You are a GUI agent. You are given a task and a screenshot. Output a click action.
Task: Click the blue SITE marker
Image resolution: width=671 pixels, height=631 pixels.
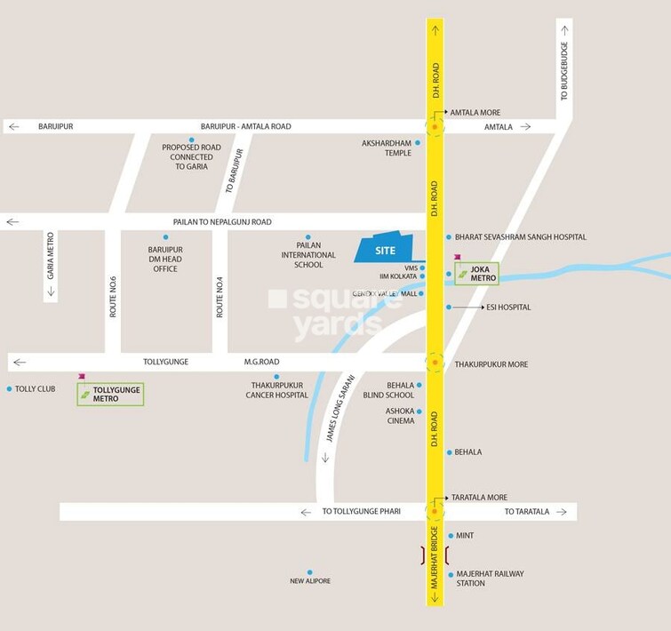(386, 250)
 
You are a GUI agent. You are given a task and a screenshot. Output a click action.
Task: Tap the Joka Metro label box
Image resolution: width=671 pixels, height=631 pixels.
(477, 274)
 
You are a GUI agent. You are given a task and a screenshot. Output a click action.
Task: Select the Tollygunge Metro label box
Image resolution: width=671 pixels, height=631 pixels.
(110, 394)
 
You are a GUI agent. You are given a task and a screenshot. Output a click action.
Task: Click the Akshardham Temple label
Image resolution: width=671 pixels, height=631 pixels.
(387, 148)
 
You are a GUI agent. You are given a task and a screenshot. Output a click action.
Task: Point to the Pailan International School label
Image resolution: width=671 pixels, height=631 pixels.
(308, 255)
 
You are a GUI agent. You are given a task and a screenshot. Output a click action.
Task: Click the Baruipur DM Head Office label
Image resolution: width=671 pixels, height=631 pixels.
(166, 260)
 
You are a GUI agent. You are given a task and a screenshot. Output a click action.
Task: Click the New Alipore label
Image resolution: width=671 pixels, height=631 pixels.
(310, 581)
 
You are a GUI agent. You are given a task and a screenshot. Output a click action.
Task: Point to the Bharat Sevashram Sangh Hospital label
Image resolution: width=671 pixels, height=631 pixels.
(521, 237)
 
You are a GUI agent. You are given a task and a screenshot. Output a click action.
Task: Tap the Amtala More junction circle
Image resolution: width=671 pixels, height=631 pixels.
(435, 127)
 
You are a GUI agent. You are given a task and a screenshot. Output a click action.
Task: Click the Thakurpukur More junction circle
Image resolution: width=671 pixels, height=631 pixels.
(435, 363)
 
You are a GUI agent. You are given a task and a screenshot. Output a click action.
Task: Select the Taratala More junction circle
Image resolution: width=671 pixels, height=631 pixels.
(435, 511)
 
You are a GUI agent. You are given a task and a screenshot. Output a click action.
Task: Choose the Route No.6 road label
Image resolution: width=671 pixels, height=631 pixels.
(113, 297)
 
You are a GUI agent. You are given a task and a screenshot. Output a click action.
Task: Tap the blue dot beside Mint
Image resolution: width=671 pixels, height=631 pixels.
(451, 536)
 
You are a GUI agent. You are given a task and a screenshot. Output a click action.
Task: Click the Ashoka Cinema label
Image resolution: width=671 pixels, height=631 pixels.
(400, 415)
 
